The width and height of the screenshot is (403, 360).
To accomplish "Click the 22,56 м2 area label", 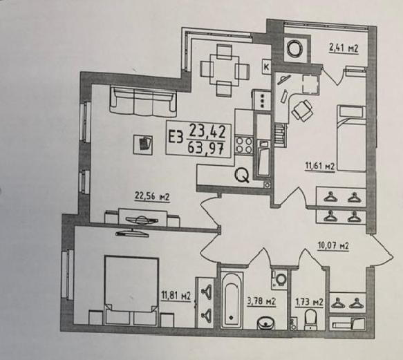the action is tap(152, 197).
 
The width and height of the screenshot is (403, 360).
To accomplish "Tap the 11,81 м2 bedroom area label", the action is tap(176, 296).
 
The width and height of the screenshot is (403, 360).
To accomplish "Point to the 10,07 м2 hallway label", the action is tap(333, 246).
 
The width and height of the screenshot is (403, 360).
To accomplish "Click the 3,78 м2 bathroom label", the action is tap(261, 301).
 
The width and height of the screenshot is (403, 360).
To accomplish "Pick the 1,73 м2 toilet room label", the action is tap(309, 302).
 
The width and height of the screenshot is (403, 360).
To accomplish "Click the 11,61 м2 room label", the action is tap(320, 167).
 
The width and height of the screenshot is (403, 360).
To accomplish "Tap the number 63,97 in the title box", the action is tap(205, 148).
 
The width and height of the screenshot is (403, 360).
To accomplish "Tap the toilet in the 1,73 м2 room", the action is tap(310, 319).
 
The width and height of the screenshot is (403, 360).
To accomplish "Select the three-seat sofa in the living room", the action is tap(143, 102).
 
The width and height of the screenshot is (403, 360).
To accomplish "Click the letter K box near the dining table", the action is tap(267, 67).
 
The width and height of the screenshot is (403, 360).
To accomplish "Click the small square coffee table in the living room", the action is tap(143, 145).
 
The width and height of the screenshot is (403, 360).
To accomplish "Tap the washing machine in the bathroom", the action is tap(280, 278).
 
